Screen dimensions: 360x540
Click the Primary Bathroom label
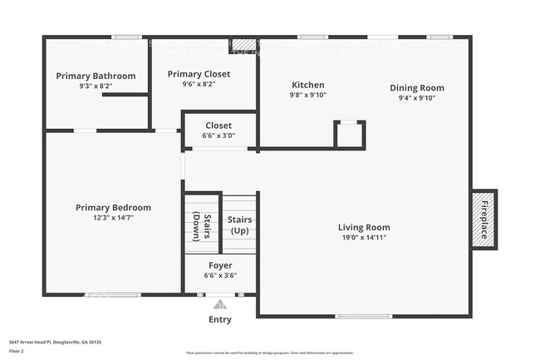[x=96, y=76]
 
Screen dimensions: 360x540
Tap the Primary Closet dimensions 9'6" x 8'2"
[x=199, y=84]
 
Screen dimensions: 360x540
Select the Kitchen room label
[x=307, y=85]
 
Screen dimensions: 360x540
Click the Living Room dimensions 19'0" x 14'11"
[x=364, y=237]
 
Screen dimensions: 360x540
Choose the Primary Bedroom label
[x=113, y=207]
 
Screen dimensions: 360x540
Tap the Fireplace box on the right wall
[x=484, y=218]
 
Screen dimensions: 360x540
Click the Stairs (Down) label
[x=202, y=226]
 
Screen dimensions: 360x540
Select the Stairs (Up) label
[x=240, y=225]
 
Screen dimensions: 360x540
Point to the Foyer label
[x=220, y=265]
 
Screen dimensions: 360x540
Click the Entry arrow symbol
[x=220, y=304]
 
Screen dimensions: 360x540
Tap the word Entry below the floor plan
[x=220, y=319]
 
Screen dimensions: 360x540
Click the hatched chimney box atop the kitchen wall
[x=243, y=45]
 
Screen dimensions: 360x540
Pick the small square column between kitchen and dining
[x=349, y=134]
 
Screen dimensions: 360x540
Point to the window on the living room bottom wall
[x=363, y=316]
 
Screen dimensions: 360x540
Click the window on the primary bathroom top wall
[x=126, y=37]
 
